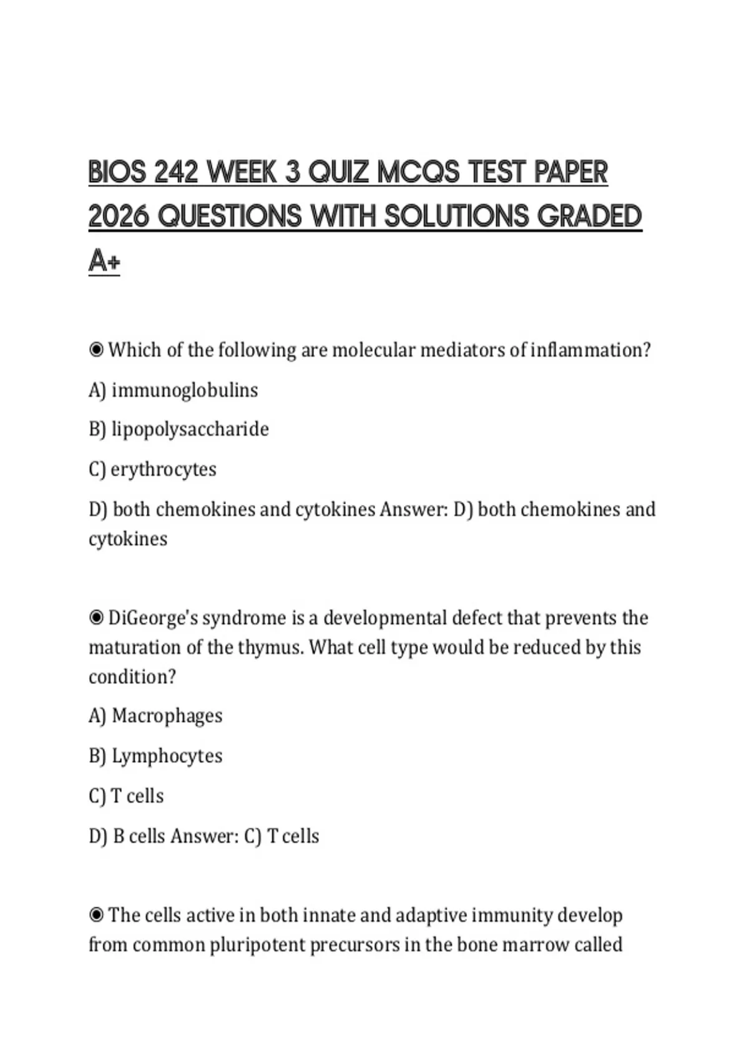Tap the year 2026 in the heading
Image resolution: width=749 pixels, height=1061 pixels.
(x=119, y=217)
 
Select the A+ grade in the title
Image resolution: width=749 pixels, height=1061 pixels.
(x=104, y=261)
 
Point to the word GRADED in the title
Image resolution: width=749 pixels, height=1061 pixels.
(x=589, y=217)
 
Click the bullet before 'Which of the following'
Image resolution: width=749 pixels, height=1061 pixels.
(x=96, y=350)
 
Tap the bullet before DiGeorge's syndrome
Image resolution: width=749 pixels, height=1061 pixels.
(x=96, y=618)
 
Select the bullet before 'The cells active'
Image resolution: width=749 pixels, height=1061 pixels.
(x=96, y=916)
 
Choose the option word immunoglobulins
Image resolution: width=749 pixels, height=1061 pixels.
(x=185, y=391)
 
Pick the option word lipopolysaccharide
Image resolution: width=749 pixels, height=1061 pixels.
(x=190, y=430)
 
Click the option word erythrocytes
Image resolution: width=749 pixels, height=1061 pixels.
(x=164, y=469)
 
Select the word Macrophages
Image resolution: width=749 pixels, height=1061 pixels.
(x=167, y=716)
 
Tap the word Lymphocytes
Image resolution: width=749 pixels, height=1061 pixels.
(x=167, y=756)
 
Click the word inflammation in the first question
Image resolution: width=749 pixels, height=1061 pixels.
(x=590, y=350)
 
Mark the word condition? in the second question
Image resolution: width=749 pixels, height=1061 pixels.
(x=132, y=677)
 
